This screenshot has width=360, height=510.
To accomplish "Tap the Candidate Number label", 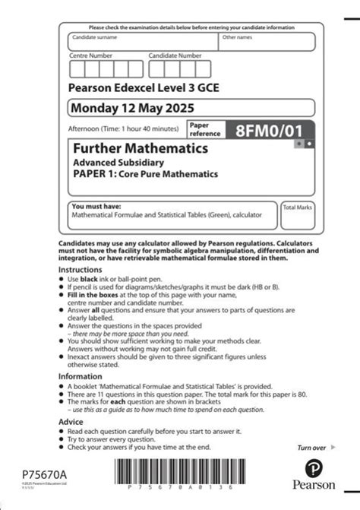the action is point(175,55).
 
